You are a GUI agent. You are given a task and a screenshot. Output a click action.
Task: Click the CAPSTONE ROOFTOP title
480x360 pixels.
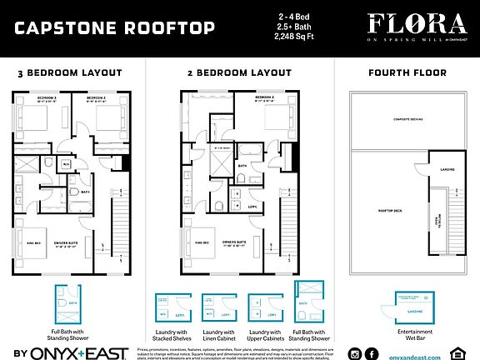(x=114, y=28)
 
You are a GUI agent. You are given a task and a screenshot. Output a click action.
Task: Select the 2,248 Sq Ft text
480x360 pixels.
(x=308, y=38)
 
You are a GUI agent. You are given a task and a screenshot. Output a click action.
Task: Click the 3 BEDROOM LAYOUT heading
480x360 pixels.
(x=70, y=73)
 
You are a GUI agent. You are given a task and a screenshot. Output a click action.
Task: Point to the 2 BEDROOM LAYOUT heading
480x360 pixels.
(x=232, y=73)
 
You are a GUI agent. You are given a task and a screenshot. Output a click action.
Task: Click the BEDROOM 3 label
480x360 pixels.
(x=44, y=98)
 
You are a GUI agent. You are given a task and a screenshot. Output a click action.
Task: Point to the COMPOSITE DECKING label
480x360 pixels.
(x=403, y=120)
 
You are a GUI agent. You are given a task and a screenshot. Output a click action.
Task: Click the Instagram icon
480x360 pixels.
(x=355, y=353)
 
